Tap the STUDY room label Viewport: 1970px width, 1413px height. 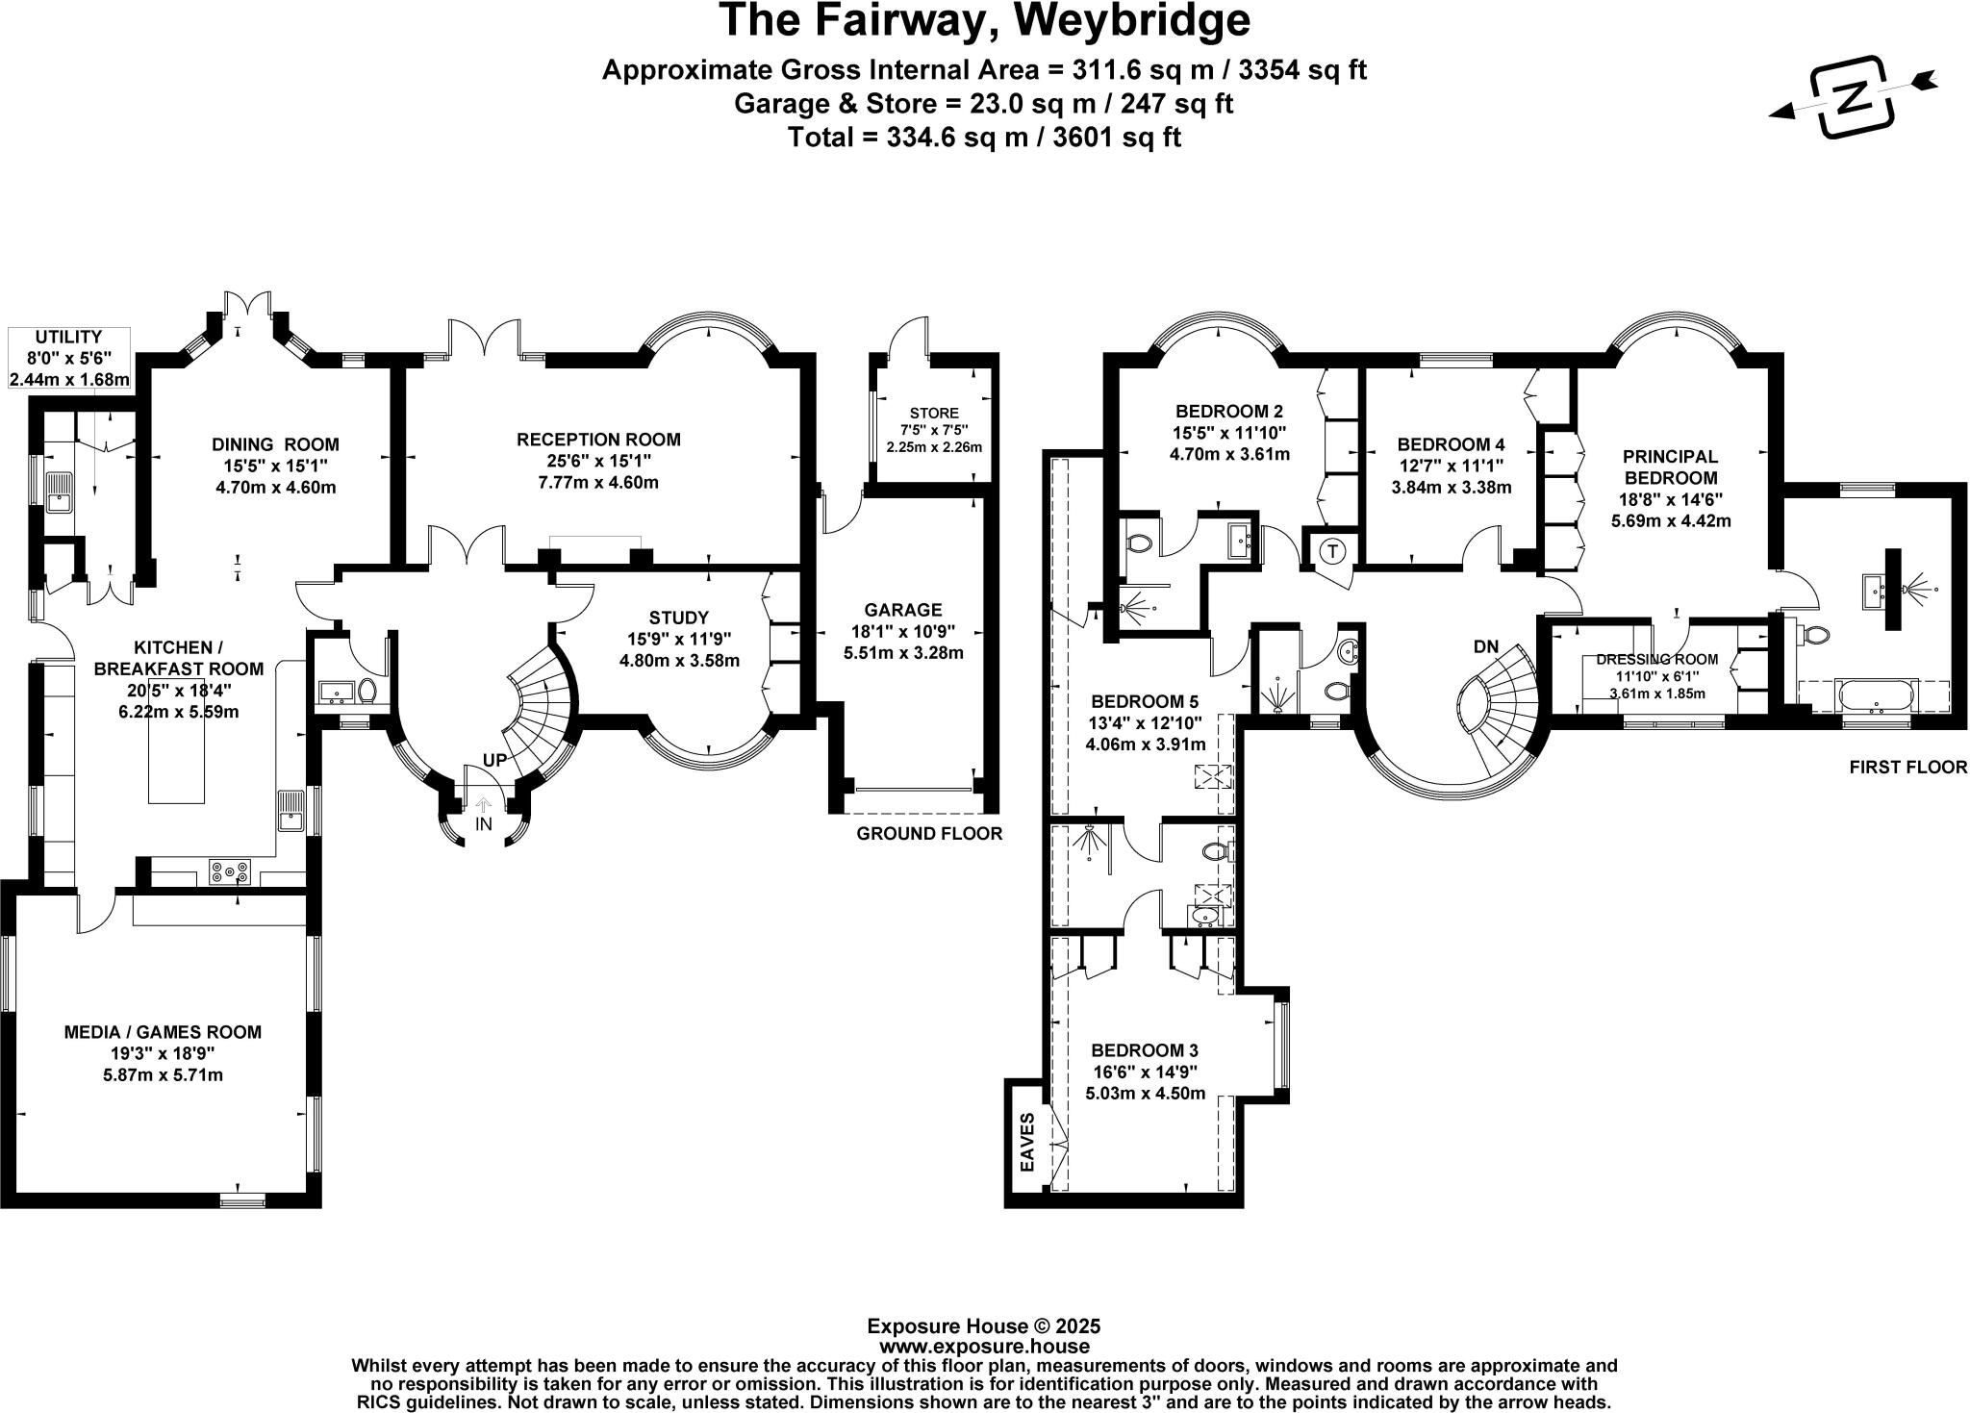(x=679, y=618)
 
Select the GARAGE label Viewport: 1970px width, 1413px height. (x=903, y=610)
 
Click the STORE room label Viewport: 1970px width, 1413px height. (x=934, y=414)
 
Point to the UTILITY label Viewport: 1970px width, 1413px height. (x=68, y=337)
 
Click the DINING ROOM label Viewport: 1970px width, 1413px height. (x=275, y=444)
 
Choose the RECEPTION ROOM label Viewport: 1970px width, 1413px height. (x=598, y=440)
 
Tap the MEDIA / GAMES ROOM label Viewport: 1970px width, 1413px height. (x=163, y=1032)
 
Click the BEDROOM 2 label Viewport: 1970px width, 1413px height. (x=1229, y=412)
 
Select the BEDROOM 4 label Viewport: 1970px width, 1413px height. (x=1451, y=444)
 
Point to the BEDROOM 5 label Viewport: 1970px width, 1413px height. (x=1145, y=700)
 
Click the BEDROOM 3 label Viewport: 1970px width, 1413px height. (x=1145, y=1050)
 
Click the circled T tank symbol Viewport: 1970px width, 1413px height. (x=1332, y=551)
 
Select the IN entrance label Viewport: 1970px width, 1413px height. (x=483, y=824)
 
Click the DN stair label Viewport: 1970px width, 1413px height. (x=1486, y=647)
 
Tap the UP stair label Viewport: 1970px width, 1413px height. (x=494, y=761)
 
